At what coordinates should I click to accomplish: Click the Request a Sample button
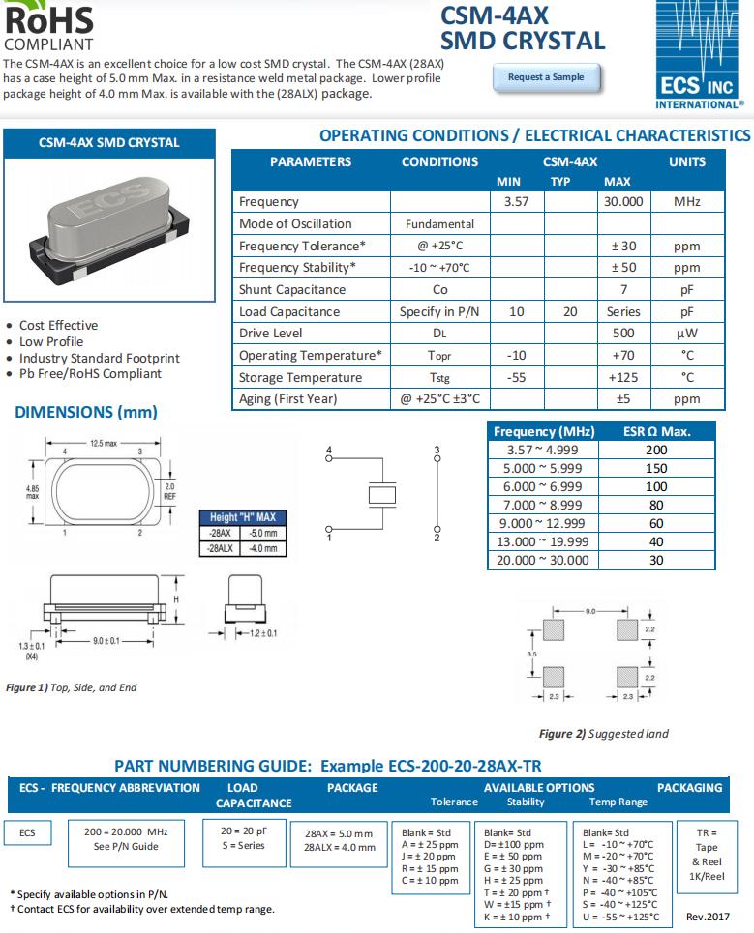coord(546,77)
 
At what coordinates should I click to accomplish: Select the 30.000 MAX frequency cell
coord(623,202)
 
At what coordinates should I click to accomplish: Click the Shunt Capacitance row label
coord(292,290)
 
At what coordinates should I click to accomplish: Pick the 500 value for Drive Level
coord(623,334)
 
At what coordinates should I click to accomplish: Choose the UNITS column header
coord(686,162)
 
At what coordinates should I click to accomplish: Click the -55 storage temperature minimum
coord(517,378)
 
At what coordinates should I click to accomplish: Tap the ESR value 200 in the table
coord(656,450)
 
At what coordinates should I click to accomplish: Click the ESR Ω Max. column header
coord(656,431)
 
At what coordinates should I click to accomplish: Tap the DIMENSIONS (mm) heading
coord(86,412)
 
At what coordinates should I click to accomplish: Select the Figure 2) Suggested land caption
coord(604,733)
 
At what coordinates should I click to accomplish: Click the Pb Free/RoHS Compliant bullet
coord(90,374)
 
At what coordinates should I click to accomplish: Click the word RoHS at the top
coord(48,19)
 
